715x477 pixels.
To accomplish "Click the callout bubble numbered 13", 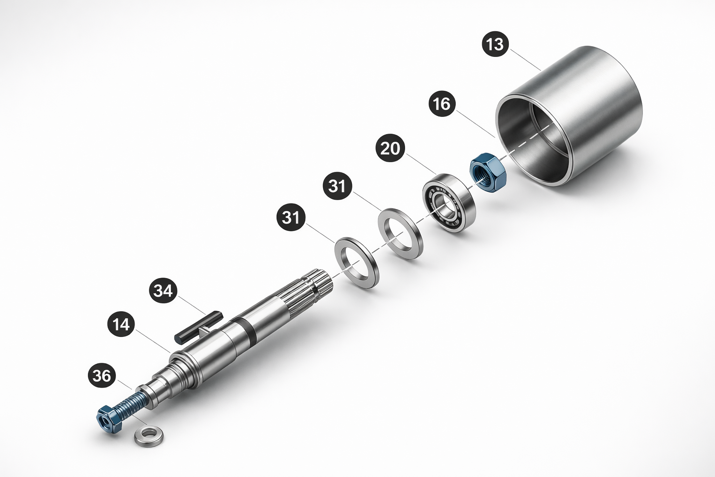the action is (x=495, y=44).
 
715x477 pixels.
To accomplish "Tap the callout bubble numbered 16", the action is (x=442, y=104).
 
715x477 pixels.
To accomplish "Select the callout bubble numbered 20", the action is (x=390, y=149).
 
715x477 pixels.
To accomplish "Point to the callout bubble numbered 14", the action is (x=121, y=325).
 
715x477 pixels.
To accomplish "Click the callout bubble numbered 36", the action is (x=102, y=376).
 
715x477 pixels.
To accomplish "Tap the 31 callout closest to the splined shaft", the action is (x=291, y=218).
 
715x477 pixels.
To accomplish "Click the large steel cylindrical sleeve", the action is (x=568, y=116).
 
